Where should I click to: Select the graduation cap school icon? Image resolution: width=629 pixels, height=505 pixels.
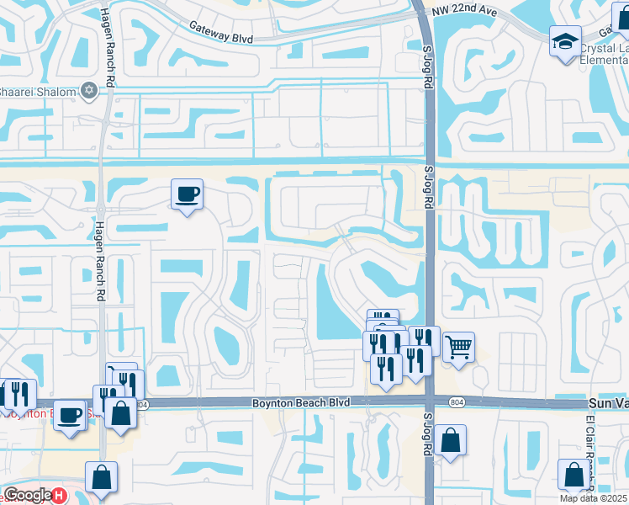565,40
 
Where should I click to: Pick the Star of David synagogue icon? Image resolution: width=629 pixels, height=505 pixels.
88,90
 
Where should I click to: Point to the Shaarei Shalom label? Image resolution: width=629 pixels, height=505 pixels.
37,91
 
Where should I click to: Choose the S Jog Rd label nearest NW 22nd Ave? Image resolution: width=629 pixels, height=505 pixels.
427,67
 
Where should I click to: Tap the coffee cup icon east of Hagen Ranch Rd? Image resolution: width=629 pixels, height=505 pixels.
187,195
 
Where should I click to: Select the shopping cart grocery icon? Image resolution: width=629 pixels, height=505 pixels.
458,345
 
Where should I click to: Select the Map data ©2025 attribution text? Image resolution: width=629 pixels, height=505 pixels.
593,498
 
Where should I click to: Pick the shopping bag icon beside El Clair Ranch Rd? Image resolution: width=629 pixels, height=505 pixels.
574,475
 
